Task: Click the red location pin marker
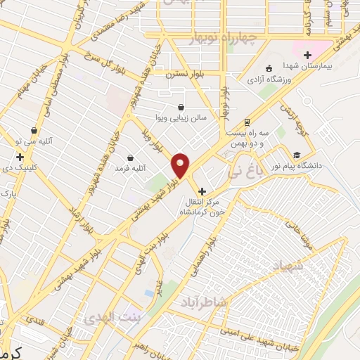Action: pos(181,165)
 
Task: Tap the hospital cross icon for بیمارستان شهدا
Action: pos(307,55)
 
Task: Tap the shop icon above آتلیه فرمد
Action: pos(130,157)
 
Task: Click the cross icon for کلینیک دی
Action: pos(20,157)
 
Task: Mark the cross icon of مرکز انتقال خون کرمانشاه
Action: pos(202,191)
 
